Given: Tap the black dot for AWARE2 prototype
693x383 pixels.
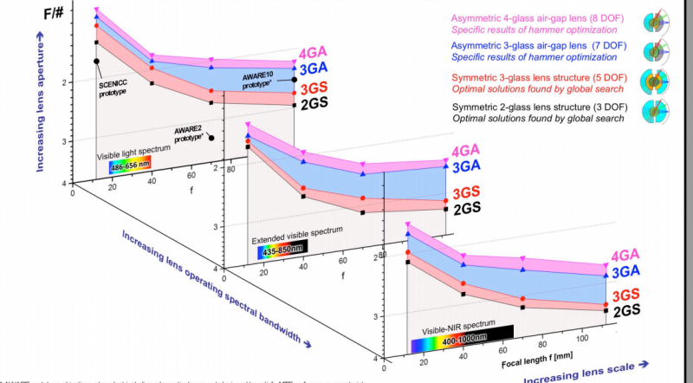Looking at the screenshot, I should pyautogui.click(x=210, y=137).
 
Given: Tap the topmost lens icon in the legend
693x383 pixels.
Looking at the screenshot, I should pyautogui.click(x=657, y=23).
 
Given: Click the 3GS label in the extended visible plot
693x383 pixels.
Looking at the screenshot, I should pyautogui.click(x=466, y=191).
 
